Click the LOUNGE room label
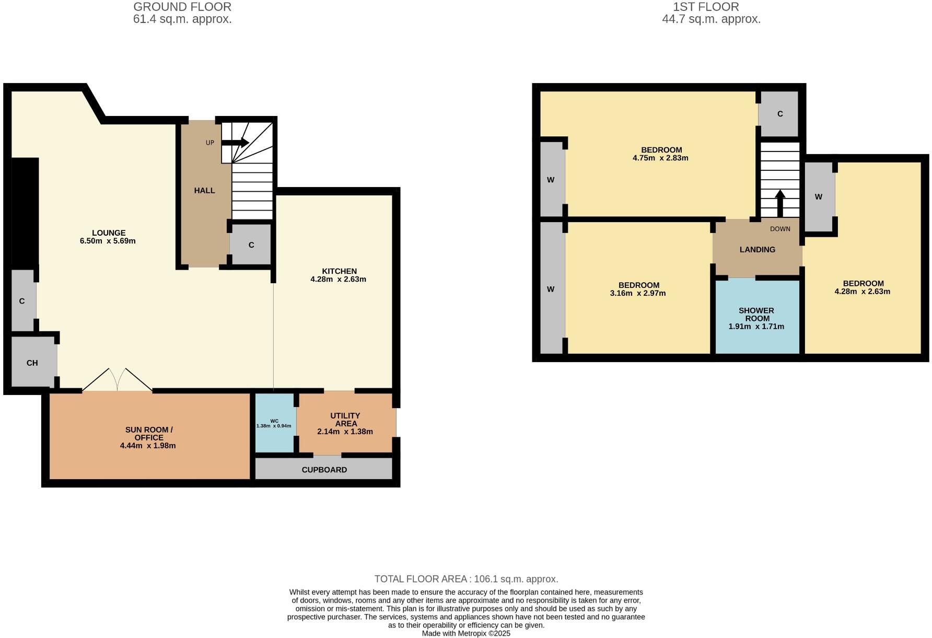pyautogui.click(x=109, y=233)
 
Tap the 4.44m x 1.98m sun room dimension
pyautogui.click(x=148, y=446)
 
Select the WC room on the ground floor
pyautogui.click(x=274, y=423)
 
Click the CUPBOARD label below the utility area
pyautogui.click(x=324, y=470)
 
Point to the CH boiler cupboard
pyautogui.click(x=32, y=363)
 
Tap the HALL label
pyautogui.click(x=204, y=191)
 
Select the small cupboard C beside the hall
pyautogui.click(x=251, y=245)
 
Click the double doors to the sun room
pyautogui.click(x=118, y=380)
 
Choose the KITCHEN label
pyautogui.click(x=339, y=271)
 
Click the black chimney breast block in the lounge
pyautogui.click(x=25, y=212)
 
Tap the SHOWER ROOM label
pyautogui.click(x=756, y=314)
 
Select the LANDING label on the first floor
pyautogui.click(x=757, y=250)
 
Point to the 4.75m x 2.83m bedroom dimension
pyautogui.click(x=660, y=158)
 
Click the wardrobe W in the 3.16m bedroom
pyautogui.click(x=551, y=289)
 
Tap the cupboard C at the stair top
pyautogui.click(x=779, y=114)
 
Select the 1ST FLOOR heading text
pyautogui.click(x=705, y=7)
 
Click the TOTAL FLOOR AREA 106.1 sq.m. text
pyautogui.click(x=466, y=579)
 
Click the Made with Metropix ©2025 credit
pyautogui.click(x=466, y=633)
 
